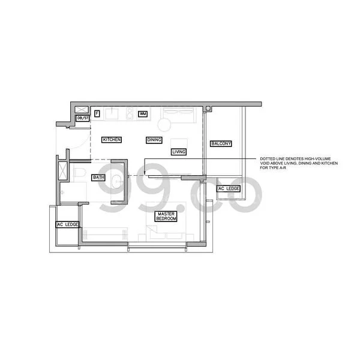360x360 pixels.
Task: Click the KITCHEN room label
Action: tap(112, 140)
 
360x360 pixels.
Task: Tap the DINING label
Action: tap(154, 140)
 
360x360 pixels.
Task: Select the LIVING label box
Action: tap(179, 152)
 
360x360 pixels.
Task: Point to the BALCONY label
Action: tap(220, 144)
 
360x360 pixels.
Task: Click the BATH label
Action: tap(98, 178)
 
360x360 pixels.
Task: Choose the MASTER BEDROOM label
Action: tap(166, 217)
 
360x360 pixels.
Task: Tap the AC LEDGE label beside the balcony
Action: tap(229, 189)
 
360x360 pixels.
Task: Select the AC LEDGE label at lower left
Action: tap(67, 225)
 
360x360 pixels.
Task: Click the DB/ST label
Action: tap(83, 119)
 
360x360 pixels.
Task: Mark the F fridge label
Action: tap(97, 113)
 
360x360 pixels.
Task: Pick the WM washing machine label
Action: tap(143, 113)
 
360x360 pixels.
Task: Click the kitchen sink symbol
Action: tap(112, 113)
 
